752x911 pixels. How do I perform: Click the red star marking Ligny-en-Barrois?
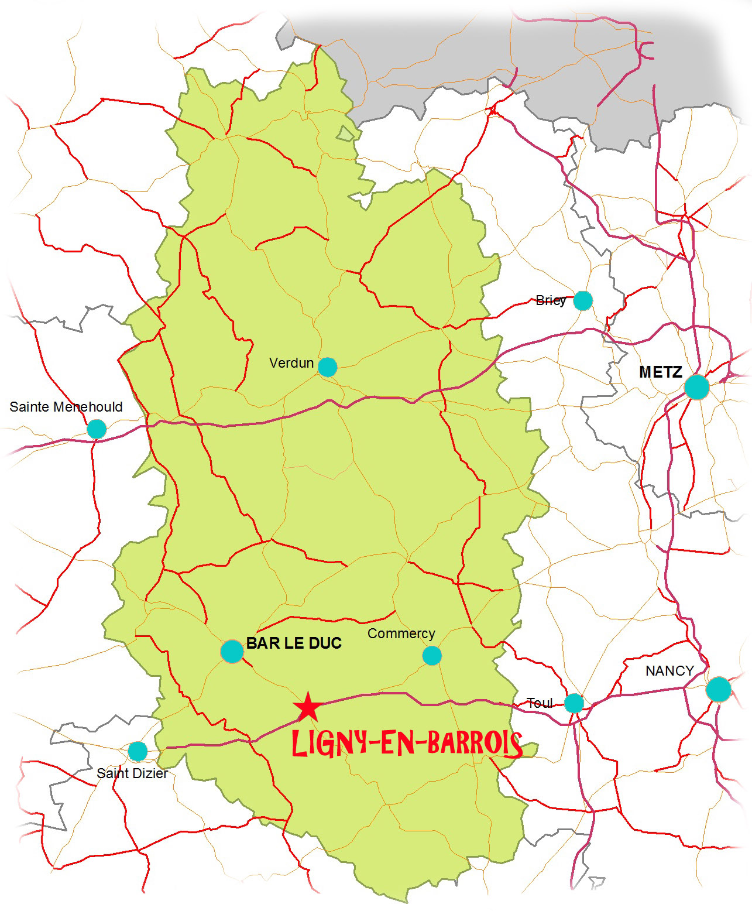[308, 707]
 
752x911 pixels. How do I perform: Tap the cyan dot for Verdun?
[327, 367]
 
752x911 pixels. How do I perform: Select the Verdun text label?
[291, 363]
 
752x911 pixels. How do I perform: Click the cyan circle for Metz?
[696, 387]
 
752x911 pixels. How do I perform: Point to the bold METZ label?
[660, 372]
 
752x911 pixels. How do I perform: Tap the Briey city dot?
[582, 300]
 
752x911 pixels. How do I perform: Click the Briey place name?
[550, 300]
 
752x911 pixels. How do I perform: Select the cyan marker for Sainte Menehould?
[97, 429]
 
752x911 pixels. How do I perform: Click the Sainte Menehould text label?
[66, 407]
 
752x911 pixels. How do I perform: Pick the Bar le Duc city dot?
[232, 651]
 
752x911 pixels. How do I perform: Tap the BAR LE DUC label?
[294, 643]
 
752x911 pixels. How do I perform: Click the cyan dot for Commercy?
[432, 655]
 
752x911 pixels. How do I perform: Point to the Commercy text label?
[401, 633]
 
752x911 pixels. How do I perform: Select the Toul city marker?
[574, 703]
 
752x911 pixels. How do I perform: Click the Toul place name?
[540, 703]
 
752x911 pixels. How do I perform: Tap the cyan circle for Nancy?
[718, 689]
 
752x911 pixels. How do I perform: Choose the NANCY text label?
[669, 670]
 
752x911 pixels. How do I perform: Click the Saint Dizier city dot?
[138, 751]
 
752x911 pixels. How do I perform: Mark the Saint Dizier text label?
[132, 773]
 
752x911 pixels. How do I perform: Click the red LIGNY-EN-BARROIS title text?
[407, 744]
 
